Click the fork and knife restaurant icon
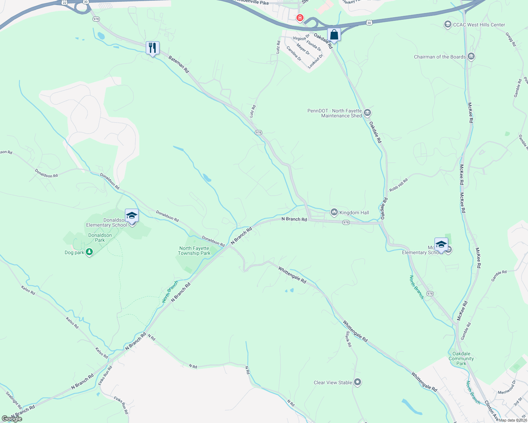click(152, 48)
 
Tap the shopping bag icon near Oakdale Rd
click(334, 35)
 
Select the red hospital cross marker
click(300, 17)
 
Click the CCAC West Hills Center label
click(479, 25)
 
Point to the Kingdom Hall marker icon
click(334, 212)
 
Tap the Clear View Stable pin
click(358, 382)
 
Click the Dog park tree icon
click(89, 252)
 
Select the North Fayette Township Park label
click(194, 251)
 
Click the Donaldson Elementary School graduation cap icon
click(132, 215)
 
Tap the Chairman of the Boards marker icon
click(471, 56)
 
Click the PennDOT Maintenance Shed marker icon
click(367, 113)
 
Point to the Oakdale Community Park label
click(461, 358)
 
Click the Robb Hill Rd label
click(398, 185)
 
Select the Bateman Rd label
click(179, 64)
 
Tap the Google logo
click(12, 418)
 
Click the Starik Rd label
click(348, 339)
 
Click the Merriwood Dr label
click(507, 387)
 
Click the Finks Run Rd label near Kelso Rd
click(105, 375)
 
